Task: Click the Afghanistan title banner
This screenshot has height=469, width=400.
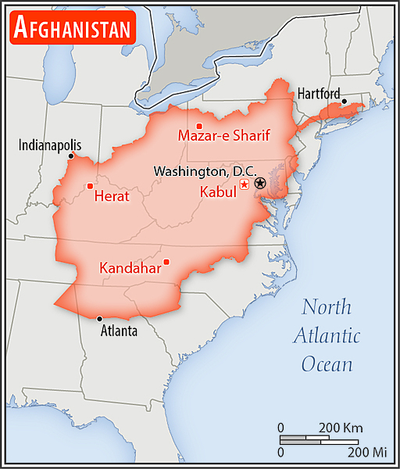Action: pos(72,28)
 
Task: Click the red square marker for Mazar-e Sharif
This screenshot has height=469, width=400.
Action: pos(199,126)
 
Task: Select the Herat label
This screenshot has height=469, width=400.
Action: pos(112,196)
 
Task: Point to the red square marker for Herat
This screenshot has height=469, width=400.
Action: pos(90,186)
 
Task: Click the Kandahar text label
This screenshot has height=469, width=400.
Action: pos(130,268)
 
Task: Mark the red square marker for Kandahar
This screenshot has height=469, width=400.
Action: pos(166,262)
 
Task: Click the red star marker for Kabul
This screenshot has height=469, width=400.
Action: pos(244,184)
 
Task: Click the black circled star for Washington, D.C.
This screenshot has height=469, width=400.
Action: pos(260,183)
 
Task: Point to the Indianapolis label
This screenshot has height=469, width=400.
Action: pos(50,145)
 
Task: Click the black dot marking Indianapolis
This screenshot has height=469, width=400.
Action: pos(71,156)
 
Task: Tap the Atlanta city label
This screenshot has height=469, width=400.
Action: pos(119,331)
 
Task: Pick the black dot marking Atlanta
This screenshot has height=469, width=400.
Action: pos(99,318)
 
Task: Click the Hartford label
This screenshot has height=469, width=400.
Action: pos(319,94)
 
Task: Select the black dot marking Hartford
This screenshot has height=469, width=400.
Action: pos(345,101)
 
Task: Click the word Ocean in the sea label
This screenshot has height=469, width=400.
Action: pos(327,364)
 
